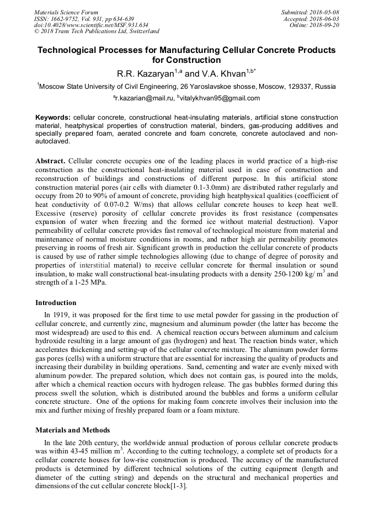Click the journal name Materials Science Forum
(x=66, y=12)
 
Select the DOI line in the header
(x=91, y=25)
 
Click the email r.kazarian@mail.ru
(x=146, y=98)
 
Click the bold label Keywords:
(x=53, y=118)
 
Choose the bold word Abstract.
(x=51, y=160)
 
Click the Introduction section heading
(x=56, y=303)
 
